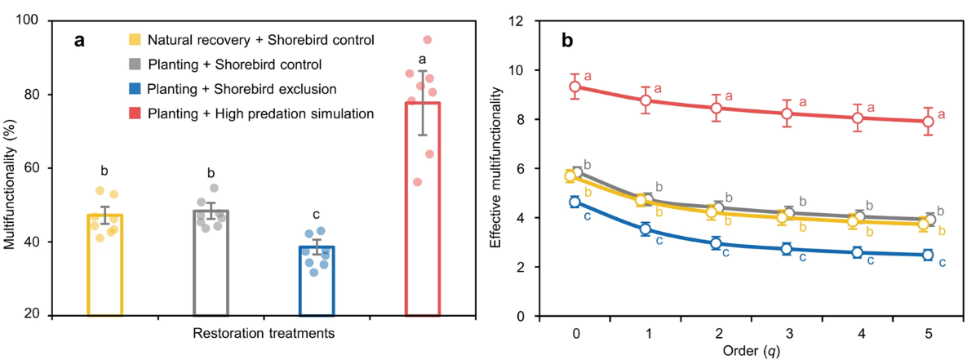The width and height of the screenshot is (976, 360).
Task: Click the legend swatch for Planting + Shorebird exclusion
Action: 135,89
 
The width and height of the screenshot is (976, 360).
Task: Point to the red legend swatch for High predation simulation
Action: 135,113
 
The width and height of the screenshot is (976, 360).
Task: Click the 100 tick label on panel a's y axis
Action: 36,20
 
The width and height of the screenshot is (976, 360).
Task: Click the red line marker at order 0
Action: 575,87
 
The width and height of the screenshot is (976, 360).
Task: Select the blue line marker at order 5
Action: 928,255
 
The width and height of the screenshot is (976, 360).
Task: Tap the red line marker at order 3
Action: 787,113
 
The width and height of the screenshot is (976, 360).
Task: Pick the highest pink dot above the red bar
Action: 428,40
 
